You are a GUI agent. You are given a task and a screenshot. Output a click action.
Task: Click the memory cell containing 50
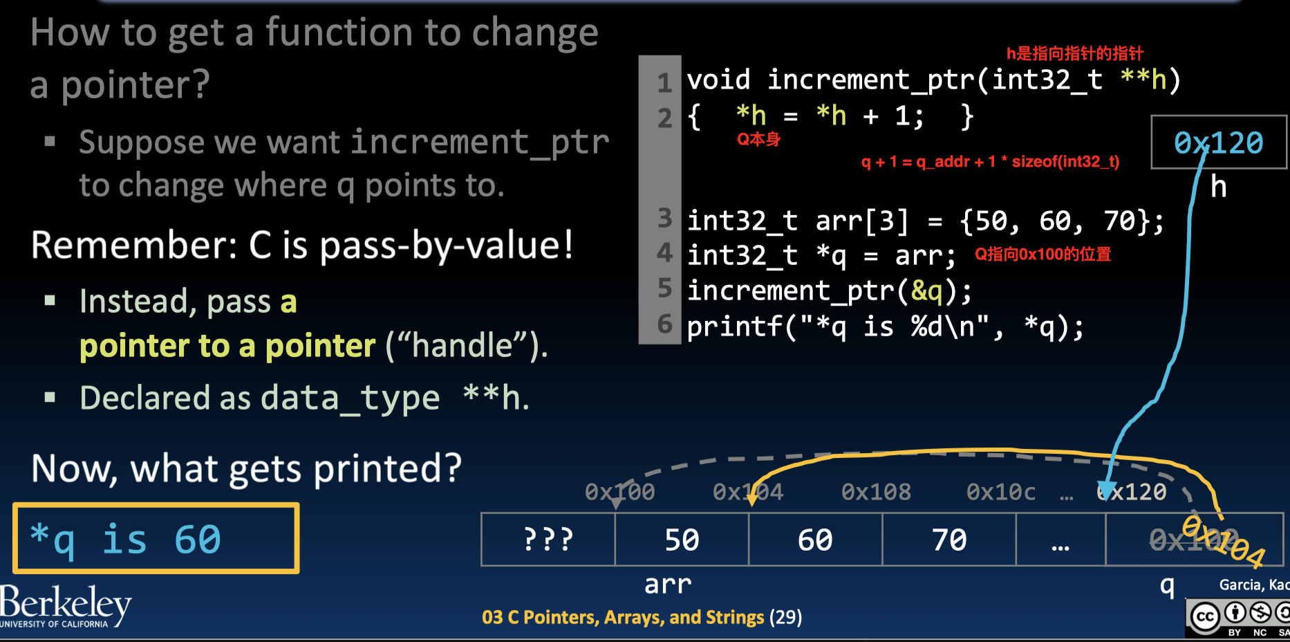pos(682,540)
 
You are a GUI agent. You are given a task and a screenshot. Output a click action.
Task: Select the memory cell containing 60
pos(815,540)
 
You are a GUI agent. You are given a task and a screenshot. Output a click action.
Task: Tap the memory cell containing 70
pos(948,540)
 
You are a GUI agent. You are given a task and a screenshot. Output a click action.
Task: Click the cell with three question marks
pos(548,540)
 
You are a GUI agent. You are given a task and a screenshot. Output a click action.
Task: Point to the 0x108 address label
pos(876,492)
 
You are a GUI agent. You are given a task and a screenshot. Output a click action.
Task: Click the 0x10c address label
pos(1000,492)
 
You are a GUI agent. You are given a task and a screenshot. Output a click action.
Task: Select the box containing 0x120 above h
pos(1218,143)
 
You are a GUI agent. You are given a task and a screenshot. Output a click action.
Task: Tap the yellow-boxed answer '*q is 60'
pos(156,539)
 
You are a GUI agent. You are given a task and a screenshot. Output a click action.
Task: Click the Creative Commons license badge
pos(1237,617)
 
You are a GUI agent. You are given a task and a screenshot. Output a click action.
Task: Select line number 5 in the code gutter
pos(664,288)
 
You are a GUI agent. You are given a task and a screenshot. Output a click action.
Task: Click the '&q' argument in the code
pos(926,291)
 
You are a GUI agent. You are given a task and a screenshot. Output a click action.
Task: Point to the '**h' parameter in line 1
pos(1143,80)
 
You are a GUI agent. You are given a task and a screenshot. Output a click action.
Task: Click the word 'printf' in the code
pos(734,326)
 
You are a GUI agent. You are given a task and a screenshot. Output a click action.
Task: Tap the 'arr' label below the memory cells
pos(667,585)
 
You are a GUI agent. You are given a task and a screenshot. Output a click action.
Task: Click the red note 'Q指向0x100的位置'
pos(1043,255)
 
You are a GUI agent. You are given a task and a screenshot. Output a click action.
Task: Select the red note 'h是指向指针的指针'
pos(1074,53)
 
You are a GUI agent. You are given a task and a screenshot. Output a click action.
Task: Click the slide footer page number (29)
pos(785,617)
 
